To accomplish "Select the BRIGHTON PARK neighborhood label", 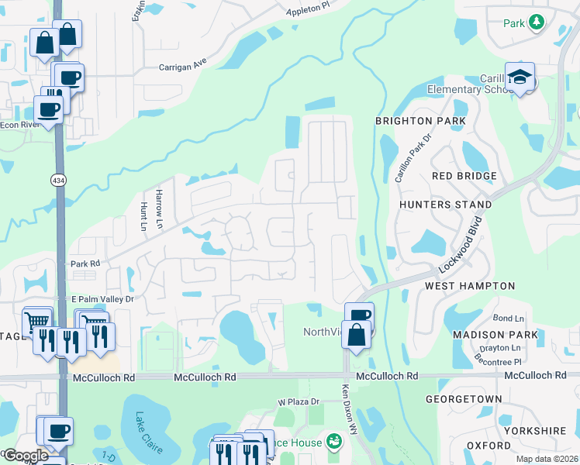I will tap(420, 121).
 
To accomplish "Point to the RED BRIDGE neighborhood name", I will tap(464, 176).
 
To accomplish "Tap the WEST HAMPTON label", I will tap(470, 286).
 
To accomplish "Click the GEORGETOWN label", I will tap(464, 398).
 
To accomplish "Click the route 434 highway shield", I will tap(58, 180).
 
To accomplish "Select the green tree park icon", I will tap(536, 22).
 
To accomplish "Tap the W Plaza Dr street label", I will tap(299, 401).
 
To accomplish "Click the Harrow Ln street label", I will tap(160, 202).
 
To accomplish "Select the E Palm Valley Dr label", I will tap(103, 299).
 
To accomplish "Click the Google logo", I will tap(25, 456).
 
